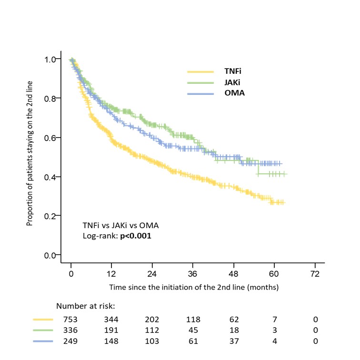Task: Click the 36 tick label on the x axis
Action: tap(193, 275)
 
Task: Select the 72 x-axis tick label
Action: tap(315, 275)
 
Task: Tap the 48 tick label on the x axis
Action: tap(233, 275)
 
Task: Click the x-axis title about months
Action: tap(193, 288)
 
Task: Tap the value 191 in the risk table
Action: tap(111, 330)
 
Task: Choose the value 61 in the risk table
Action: tap(193, 341)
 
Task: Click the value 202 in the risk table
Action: tap(152, 319)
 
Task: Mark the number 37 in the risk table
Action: tap(233, 341)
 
